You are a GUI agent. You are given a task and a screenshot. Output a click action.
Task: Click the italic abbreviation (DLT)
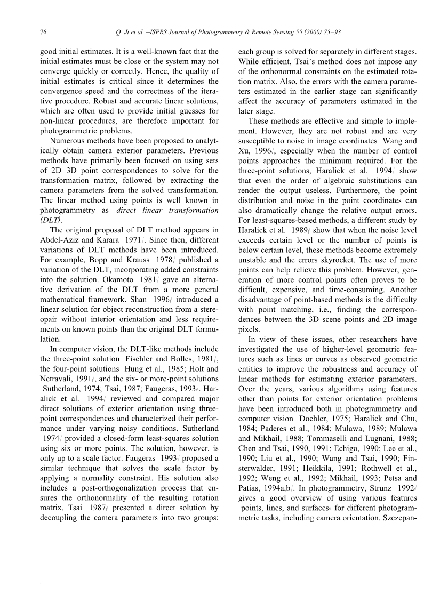[53, 220]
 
